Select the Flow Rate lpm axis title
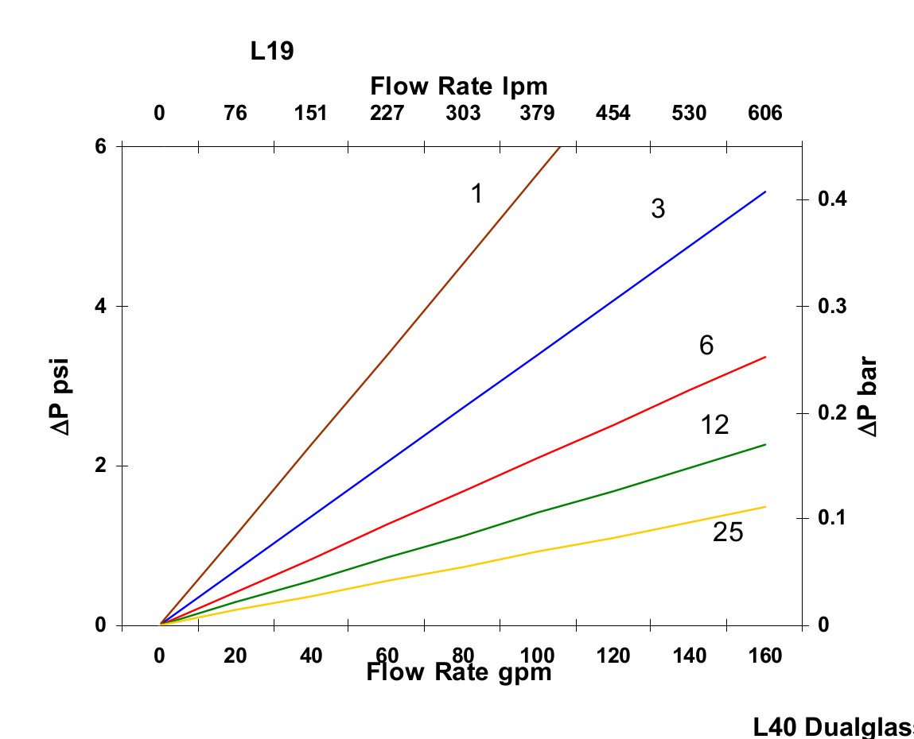[x=459, y=85]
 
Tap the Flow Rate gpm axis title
[x=459, y=673]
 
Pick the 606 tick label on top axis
[x=764, y=114]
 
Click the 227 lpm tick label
[x=387, y=114]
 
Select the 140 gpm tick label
[x=689, y=656]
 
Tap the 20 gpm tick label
[x=235, y=656]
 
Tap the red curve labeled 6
[x=541, y=457]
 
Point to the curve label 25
[x=728, y=532]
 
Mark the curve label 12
[x=715, y=425]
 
